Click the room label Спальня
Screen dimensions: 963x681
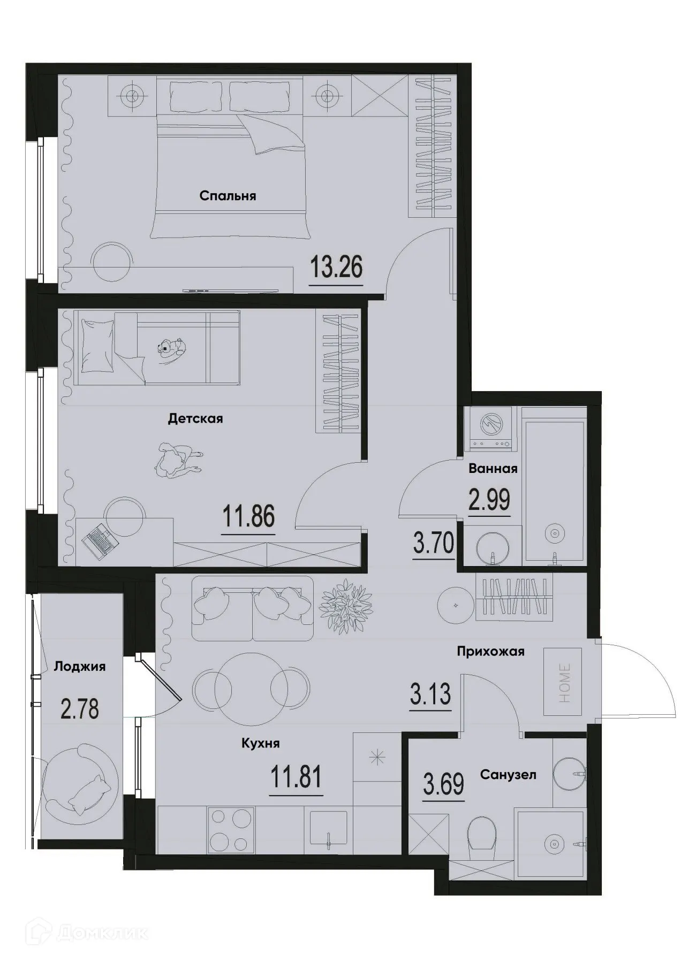pos(228,196)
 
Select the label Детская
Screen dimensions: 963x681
pos(195,418)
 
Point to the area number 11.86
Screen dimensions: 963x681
pos(248,517)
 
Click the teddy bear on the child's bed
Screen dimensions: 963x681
pos(170,346)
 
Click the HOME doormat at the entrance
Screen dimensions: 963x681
pos(563,681)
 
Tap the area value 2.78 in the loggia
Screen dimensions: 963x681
pos(80,710)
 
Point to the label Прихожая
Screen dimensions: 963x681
pos(490,652)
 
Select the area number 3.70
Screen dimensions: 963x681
pos(433,543)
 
